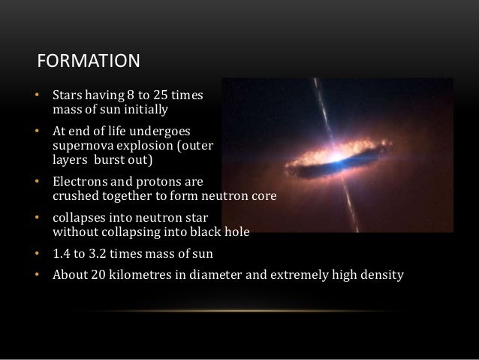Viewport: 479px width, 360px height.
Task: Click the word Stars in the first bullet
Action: pos(66,96)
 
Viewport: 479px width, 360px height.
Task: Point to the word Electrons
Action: pos(79,181)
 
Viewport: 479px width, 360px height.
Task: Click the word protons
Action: pos(155,181)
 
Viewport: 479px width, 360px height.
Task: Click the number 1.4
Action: pos(61,253)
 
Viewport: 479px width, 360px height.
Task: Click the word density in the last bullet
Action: pos(382,274)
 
